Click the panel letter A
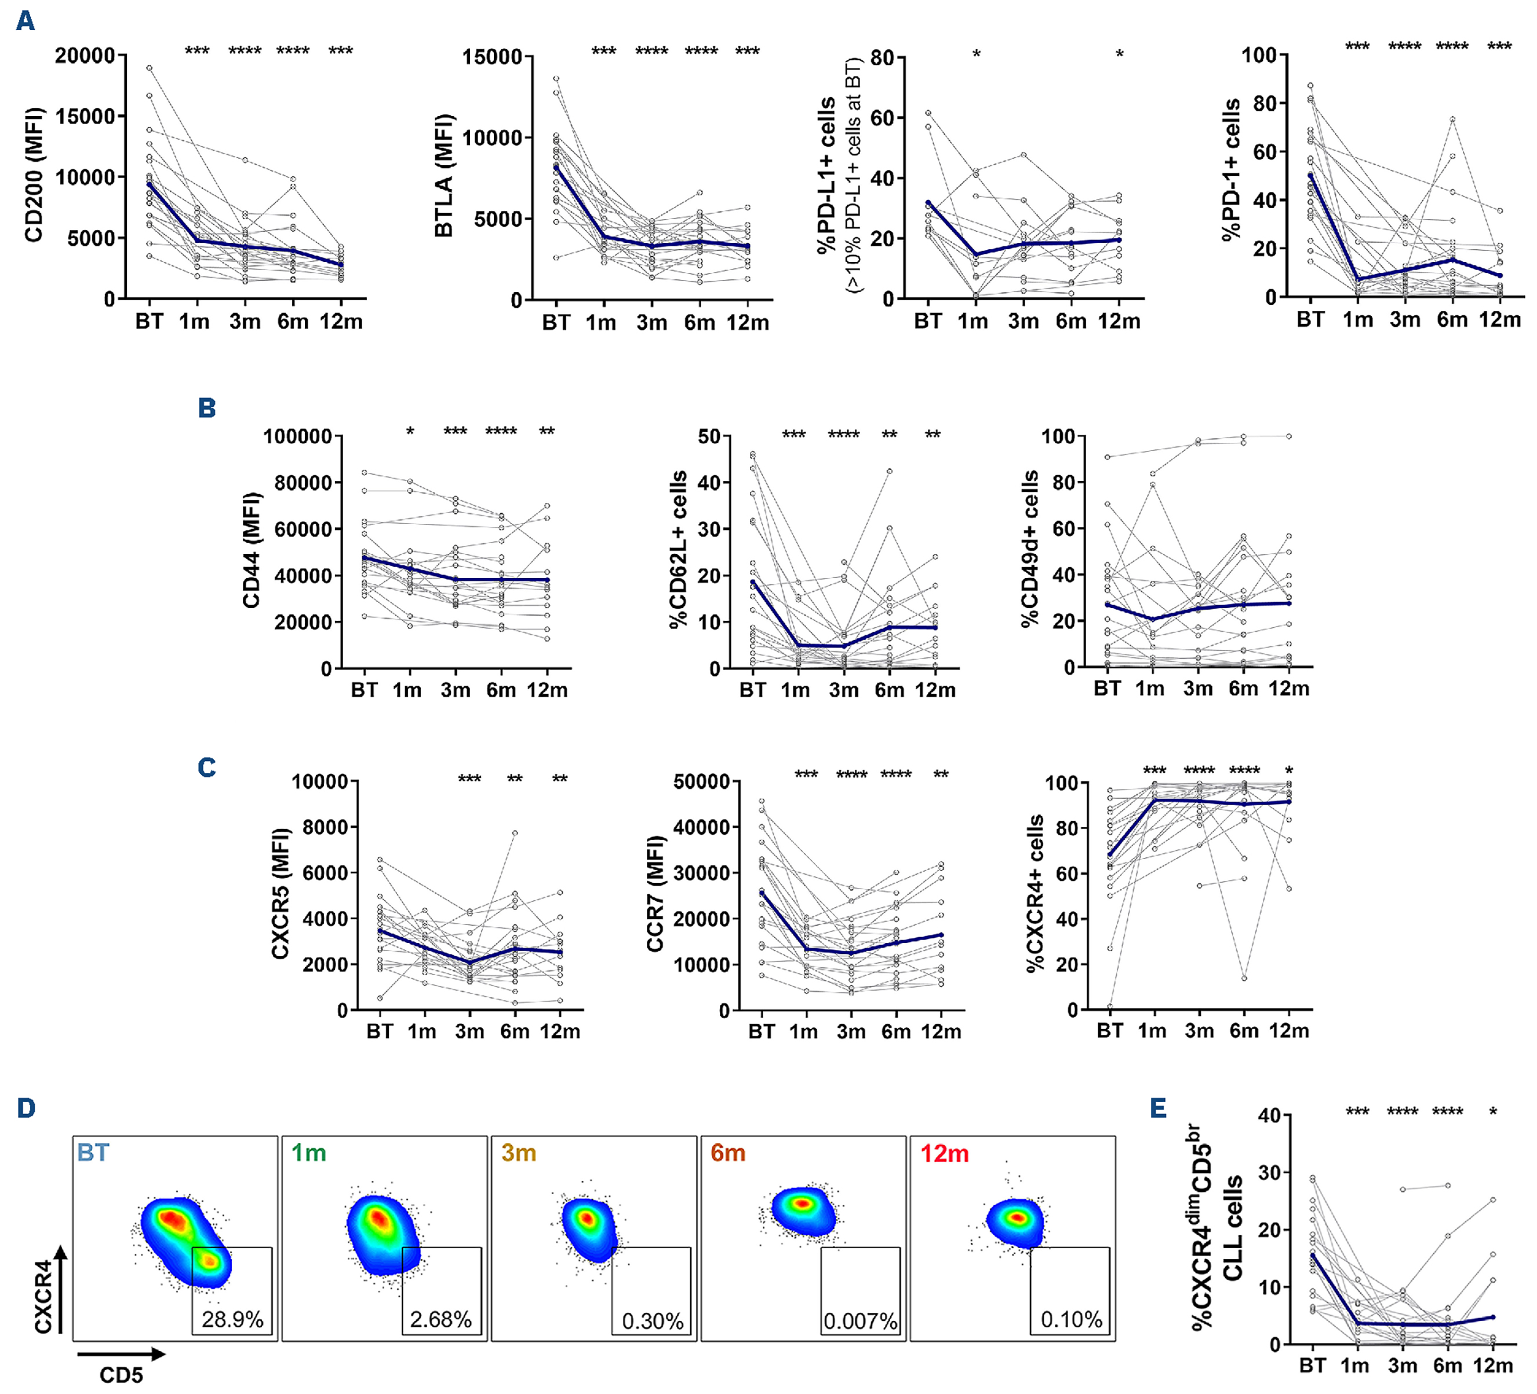point(25,21)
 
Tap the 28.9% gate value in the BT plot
point(232,1319)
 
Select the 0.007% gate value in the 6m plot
point(860,1320)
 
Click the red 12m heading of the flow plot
point(944,1153)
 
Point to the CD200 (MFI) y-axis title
point(34,176)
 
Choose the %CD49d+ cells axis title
point(1030,548)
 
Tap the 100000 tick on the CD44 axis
point(297,437)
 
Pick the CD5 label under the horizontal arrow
point(121,1375)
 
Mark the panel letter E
point(1158,1108)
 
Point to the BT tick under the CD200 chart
point(150,321)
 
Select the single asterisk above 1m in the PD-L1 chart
point(976,54)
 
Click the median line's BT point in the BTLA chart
point(556,168)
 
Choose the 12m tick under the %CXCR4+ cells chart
point(1288,1031)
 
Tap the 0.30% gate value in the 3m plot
point(653,1320)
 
